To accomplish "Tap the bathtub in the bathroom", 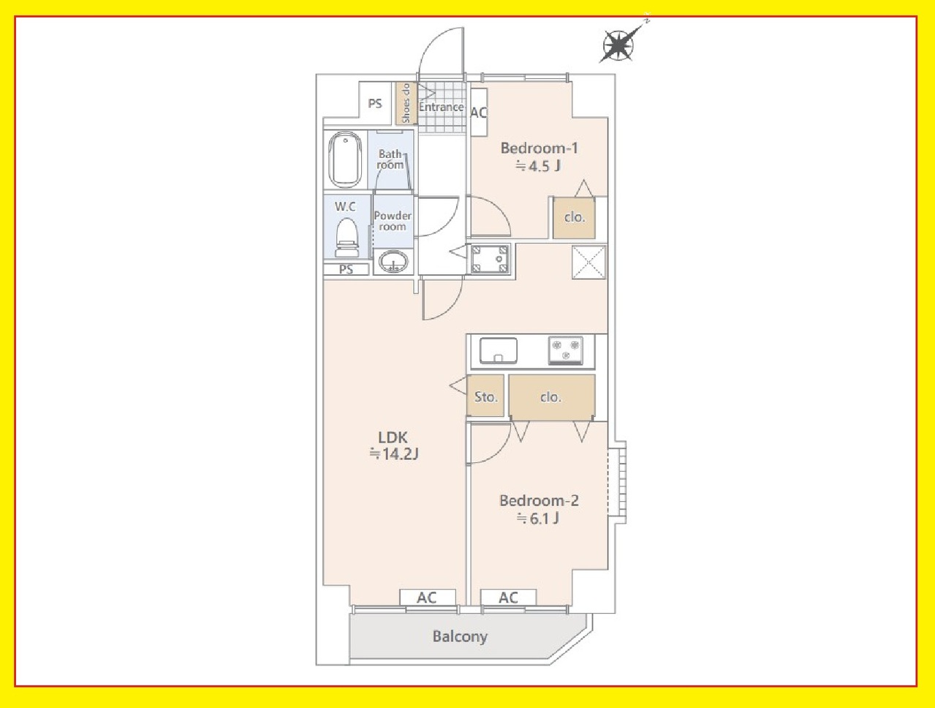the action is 345,159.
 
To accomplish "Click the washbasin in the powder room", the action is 393,261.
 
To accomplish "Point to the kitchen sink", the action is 499,350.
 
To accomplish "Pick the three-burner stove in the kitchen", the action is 566,350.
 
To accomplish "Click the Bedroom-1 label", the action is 539,148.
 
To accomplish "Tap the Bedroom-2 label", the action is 539,500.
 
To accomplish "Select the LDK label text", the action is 393,437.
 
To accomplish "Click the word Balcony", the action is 460,637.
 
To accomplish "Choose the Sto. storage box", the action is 485,396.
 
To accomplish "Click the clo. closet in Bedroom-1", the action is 574,218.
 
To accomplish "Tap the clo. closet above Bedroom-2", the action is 552,396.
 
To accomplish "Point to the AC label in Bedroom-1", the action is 478,113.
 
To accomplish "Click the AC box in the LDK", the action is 428,598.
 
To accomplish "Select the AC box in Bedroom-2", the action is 508,598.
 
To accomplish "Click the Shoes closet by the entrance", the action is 406,103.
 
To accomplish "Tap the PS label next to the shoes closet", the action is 375,104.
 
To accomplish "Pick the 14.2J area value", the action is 394,454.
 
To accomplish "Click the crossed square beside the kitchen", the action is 588,263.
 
